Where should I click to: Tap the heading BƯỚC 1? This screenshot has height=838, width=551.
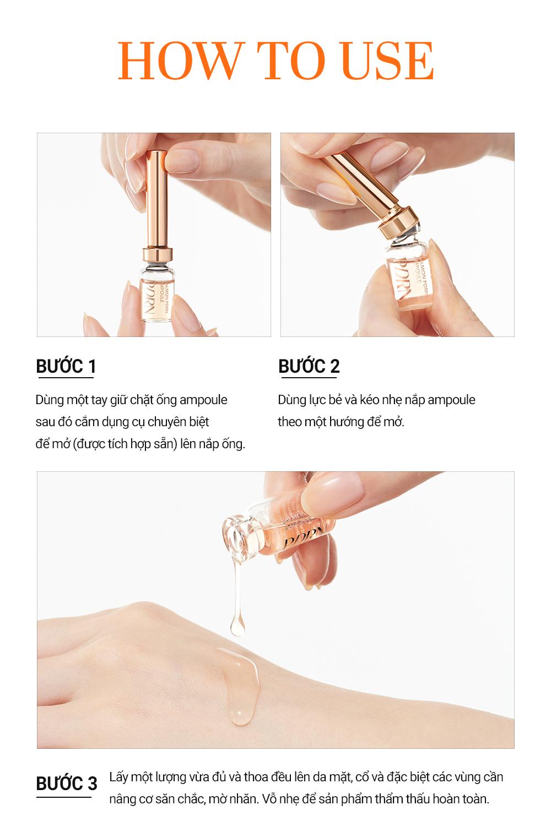coord(66,366)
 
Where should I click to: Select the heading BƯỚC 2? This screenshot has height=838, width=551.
coord(309,366)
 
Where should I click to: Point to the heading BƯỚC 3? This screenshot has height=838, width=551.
coord(66,783)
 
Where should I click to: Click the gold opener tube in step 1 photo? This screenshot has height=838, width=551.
coord(157,199)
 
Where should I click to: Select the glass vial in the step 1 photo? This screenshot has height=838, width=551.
coord(157,293)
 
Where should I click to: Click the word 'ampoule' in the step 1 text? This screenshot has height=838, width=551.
coord(203,400)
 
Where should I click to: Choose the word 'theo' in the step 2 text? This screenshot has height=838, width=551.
coord(289,422)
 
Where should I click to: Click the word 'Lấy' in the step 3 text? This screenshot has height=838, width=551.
coord(118,777)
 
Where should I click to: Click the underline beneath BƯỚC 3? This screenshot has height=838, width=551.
coord(63,797)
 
